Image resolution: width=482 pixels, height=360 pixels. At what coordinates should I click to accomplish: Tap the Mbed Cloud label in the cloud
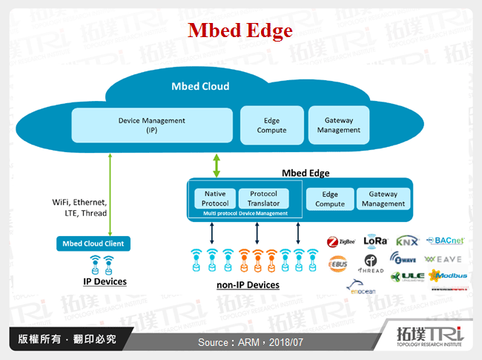tap(200, 86)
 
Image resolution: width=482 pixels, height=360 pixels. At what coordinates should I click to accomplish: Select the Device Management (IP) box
tap(152, 125)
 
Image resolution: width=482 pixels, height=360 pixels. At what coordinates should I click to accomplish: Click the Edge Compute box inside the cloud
tap(271, 125)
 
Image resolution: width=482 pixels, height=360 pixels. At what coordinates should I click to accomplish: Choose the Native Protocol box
tap(215, 198)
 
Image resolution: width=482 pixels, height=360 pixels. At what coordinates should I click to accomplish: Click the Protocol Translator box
tap(263, 198)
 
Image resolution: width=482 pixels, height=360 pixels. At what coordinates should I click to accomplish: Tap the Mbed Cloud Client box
tap(93, 243)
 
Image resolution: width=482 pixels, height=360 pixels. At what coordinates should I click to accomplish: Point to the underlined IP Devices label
tap(105, 281)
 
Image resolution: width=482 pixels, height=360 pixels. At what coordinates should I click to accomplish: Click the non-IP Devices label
tap(248, 285)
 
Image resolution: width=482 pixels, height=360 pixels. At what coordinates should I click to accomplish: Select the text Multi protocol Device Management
tap(245, 214)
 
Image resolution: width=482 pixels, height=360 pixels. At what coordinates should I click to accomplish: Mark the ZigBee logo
tap(342, 241)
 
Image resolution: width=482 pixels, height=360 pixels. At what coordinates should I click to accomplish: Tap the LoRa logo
tap(375, 240)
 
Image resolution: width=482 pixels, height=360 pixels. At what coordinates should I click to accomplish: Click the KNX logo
tap(407, 240)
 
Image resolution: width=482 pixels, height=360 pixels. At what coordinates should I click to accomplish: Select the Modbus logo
tap(448, 276)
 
